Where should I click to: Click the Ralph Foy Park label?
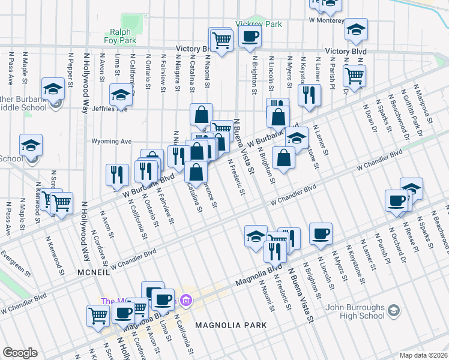[x=123, y=37]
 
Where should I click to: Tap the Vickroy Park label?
[x=259, y=25]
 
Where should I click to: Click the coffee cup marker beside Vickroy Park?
[x=250, y=37]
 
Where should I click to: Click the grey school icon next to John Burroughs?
[x=393, y=311]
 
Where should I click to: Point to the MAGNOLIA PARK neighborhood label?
[x=226, y=325]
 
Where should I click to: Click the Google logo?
[x=20, y=353]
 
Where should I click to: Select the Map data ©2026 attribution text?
[x=423, y=355]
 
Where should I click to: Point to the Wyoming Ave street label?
[x=111, y=142]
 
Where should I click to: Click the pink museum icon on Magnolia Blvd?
[x=186, y=299]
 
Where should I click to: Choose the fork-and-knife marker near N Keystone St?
[x=309, y=95]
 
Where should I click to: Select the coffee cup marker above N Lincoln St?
[x=321, y=233]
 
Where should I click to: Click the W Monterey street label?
[x=328, y=20]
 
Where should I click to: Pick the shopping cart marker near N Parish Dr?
[x=355, y=76]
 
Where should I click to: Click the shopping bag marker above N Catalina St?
[x=202, y=114]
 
